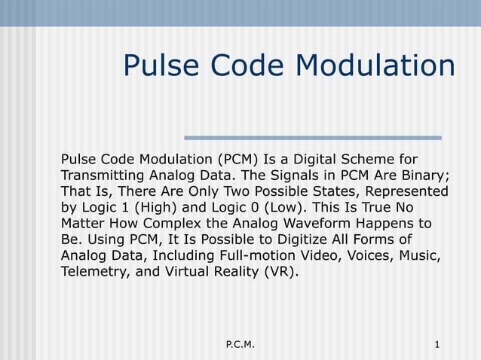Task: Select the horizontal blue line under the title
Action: tap(313, 138)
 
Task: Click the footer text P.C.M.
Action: tap(240, 345)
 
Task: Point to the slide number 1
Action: tap(437, 345)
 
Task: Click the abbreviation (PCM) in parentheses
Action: tap(237, 160)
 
